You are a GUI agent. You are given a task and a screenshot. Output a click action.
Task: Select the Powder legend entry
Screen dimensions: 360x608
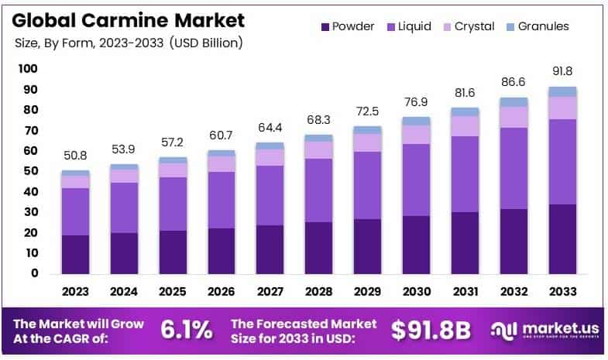point(347,26)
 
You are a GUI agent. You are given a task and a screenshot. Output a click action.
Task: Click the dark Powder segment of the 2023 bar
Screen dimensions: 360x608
point(75,254)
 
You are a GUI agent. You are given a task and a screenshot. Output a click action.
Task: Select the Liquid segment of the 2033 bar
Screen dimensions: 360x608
point(563,161)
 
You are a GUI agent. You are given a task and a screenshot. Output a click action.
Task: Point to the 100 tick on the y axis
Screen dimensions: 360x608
point(28,69)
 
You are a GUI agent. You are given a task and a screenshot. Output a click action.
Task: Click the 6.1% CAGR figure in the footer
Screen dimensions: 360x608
point(186,331)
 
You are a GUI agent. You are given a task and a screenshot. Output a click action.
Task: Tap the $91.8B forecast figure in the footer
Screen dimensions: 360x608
point(431,331)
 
